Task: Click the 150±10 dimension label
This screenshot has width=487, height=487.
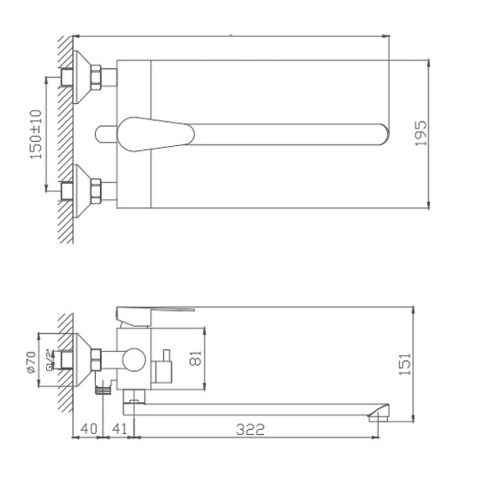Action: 35,134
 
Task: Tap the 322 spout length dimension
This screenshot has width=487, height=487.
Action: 249,429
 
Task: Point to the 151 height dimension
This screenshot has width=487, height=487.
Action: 405,364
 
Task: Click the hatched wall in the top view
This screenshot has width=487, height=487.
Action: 65,134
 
